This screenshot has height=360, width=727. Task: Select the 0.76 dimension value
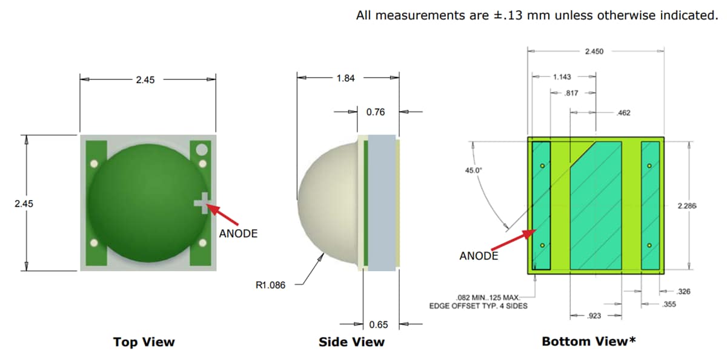tap(375, 112)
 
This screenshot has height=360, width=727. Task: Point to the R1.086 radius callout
tap(271, 284)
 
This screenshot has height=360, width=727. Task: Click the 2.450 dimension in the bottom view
tap(594, 52)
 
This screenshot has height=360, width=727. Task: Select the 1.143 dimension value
tap(562, 77)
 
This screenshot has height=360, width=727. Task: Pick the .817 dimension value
tap(571, 93)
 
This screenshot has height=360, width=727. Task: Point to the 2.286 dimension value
tap(687, 206)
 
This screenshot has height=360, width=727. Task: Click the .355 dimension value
tap(669, 304)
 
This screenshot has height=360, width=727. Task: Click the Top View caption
tap(144, 342)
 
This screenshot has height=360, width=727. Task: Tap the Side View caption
tap(351, 342)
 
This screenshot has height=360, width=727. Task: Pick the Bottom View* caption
tap(589, 342)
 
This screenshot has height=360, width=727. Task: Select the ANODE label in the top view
tap(238, 233)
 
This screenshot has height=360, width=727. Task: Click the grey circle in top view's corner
tap(202, 149)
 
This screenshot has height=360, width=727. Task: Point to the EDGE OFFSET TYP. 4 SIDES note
tap(478, 305)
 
